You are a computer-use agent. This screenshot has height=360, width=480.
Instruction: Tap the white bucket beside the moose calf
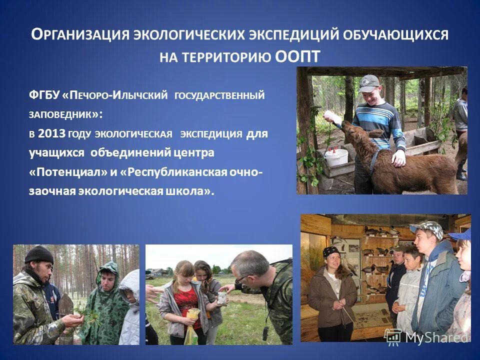click(336, 157)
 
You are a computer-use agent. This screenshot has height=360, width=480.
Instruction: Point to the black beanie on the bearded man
click(38, 254)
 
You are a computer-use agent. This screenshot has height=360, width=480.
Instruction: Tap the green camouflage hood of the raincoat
click(108, 272)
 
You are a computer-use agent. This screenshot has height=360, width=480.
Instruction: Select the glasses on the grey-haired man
click(241, 276)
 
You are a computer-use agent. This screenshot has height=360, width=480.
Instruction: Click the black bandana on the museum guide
click(331, 251)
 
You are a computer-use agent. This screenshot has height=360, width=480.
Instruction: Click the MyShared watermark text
click(436, 337)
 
